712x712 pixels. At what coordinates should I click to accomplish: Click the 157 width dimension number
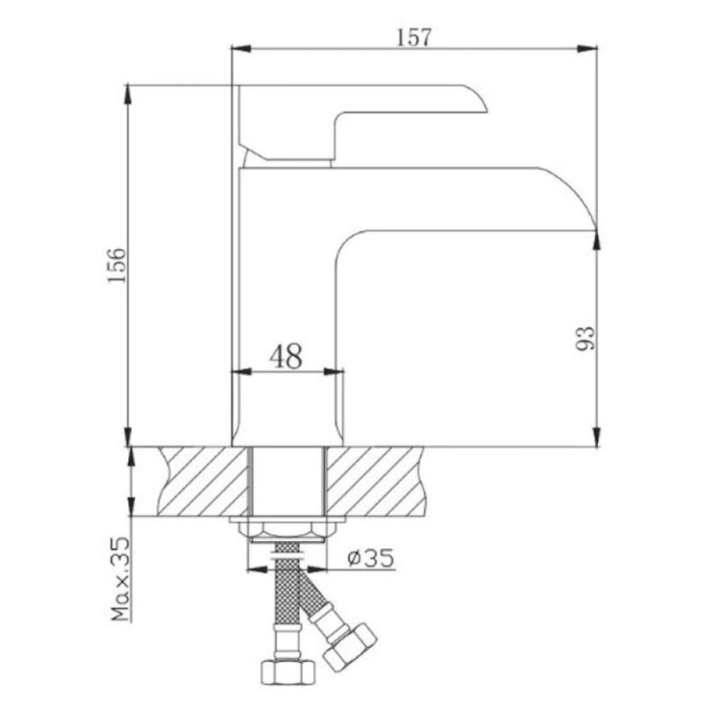pos(413,37)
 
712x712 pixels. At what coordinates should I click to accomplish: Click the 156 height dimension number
pos(116,265)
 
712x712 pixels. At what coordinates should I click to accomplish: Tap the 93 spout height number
pos(585,339)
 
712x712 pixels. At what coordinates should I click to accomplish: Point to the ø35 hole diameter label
pos(370,558)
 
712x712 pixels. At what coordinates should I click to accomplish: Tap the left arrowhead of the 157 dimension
pos(241,48)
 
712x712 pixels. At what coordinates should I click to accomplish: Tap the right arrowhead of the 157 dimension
pos(587,48)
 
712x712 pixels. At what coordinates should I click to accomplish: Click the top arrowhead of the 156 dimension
pos(128,94)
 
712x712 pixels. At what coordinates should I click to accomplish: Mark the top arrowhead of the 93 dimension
pos(596,240)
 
